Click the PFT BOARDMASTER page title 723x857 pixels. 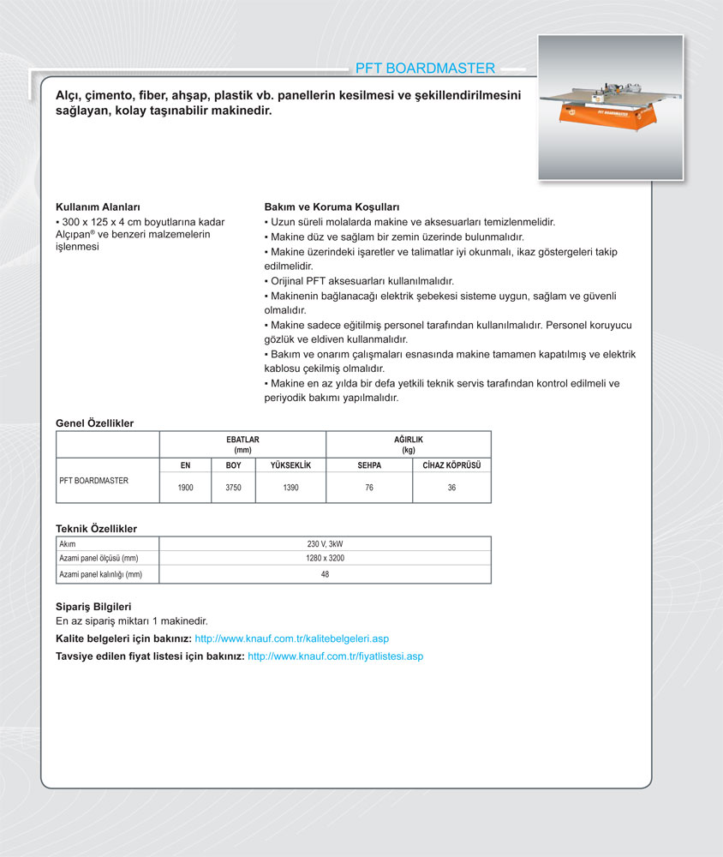[425, 69]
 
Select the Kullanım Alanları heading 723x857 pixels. [98, 207]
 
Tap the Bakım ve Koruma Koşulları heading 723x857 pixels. [332, 207]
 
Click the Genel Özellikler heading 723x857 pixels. [94, 423]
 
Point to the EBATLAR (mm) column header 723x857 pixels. [242, 444]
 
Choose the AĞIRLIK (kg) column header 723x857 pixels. [408, 444]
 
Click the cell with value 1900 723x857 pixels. [185, 488]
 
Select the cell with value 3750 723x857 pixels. [233, 488]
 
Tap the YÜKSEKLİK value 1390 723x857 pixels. [290, 488]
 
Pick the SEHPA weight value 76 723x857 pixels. [369, 488]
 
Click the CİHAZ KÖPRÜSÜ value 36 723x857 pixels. [451, 488]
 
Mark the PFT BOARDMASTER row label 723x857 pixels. [93, 481]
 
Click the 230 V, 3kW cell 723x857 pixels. [325, 544]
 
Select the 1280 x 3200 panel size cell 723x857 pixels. [325, 559]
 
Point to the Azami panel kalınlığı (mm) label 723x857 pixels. [100, 574]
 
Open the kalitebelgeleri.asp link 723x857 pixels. [292, 639]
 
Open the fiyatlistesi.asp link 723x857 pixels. [335, 656]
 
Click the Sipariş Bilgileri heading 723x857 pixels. [93, 607]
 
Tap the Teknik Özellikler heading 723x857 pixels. [96, 530]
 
